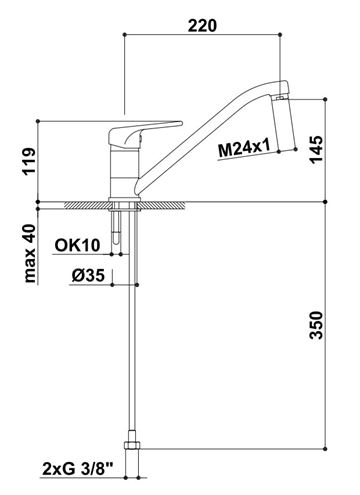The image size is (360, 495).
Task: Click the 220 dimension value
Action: [202, 26]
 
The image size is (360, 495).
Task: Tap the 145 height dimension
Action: [316, 149]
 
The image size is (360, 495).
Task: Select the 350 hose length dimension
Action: [316, 325]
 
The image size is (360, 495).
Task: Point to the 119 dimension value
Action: [29, 162]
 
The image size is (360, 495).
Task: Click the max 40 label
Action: [29, 253]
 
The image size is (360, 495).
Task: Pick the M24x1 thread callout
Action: [244, 149]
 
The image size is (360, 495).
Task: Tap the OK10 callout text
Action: [77, 246]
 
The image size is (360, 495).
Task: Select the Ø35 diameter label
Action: [88, 276]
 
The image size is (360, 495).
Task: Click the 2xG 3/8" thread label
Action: [78, 470]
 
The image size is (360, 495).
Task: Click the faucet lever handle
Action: [146, 133]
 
